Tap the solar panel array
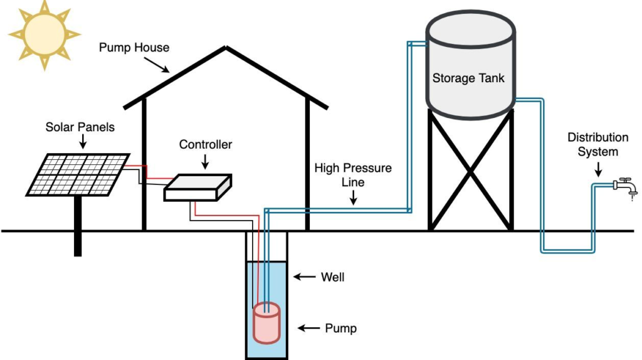(78, 174)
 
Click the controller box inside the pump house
(197, 188)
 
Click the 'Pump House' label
(134, 48)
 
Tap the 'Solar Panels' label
(80, 127)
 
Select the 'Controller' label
(206, 145)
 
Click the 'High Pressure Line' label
(353, 174)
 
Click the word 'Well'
(332, 277)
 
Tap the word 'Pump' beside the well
(341, 328)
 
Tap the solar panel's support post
(78, 226)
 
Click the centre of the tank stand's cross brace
(470, 169)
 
